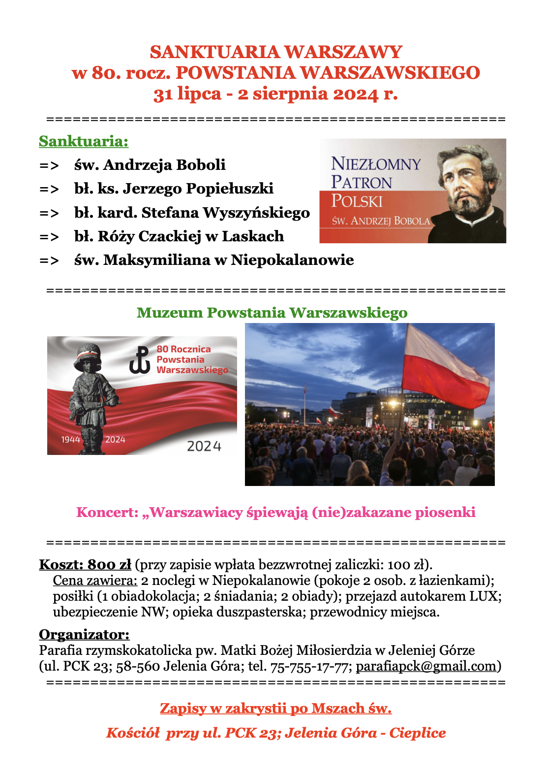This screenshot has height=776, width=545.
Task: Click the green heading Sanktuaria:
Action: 84,141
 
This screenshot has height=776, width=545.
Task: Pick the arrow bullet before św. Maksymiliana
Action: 49,260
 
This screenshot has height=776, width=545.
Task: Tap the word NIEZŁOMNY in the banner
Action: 376,164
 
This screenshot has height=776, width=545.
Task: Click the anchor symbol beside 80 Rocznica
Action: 140,360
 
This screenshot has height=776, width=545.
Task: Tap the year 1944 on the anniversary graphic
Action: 70,439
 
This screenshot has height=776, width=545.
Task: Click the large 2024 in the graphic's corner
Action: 204,446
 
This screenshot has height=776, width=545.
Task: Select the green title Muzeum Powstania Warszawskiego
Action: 272,313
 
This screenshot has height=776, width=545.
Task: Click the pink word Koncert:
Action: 107,513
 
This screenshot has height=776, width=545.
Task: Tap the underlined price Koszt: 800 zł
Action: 85,564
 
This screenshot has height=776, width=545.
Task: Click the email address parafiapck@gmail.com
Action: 426,666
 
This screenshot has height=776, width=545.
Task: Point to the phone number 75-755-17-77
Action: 311,666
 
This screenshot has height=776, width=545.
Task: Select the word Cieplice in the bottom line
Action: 417,733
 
